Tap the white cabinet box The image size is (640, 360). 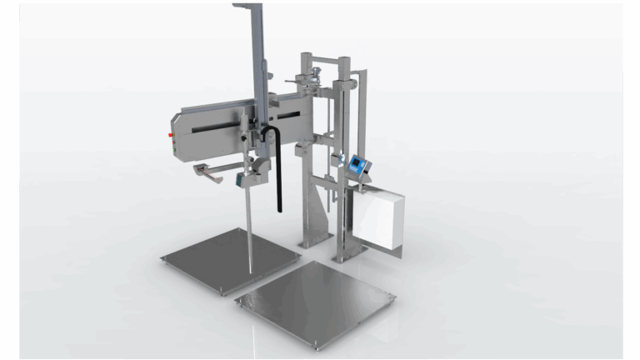(x=377, y=220)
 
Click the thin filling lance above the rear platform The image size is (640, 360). (x=251, y=225)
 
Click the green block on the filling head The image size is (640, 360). (x=242, y=177)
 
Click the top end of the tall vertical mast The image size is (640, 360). (x=250, y=8)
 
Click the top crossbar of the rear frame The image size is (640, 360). (x=329, y=60)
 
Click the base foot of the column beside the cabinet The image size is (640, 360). (x=343, y=257)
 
